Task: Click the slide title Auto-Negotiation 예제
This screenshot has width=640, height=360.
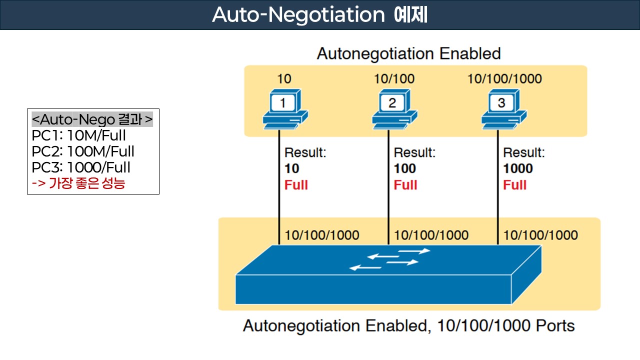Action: click(x=319, y=15)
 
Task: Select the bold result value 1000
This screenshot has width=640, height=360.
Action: click(x=518, y=169)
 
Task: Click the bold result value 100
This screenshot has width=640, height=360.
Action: click(x=405, y=169)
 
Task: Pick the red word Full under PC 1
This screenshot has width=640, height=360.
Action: click(x=296, y=185)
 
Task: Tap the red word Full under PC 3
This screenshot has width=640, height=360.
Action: click(x=514, y=185)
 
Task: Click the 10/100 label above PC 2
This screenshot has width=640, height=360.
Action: click(x=394, y=78)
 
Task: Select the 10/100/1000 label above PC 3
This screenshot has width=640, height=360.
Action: click(x=504, y=78)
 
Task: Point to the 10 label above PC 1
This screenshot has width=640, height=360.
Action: click(x=284, y=78)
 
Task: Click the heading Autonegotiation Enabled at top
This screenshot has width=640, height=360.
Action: click(x=408, y=53)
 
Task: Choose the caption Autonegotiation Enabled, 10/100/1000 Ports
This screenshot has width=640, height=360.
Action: click(x=408, y=326)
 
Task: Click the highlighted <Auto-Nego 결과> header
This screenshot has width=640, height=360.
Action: click(x=92, y=120)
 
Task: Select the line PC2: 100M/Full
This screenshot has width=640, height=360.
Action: click(x=83, y=151)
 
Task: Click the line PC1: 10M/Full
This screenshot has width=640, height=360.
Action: click(x=78, y=135)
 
